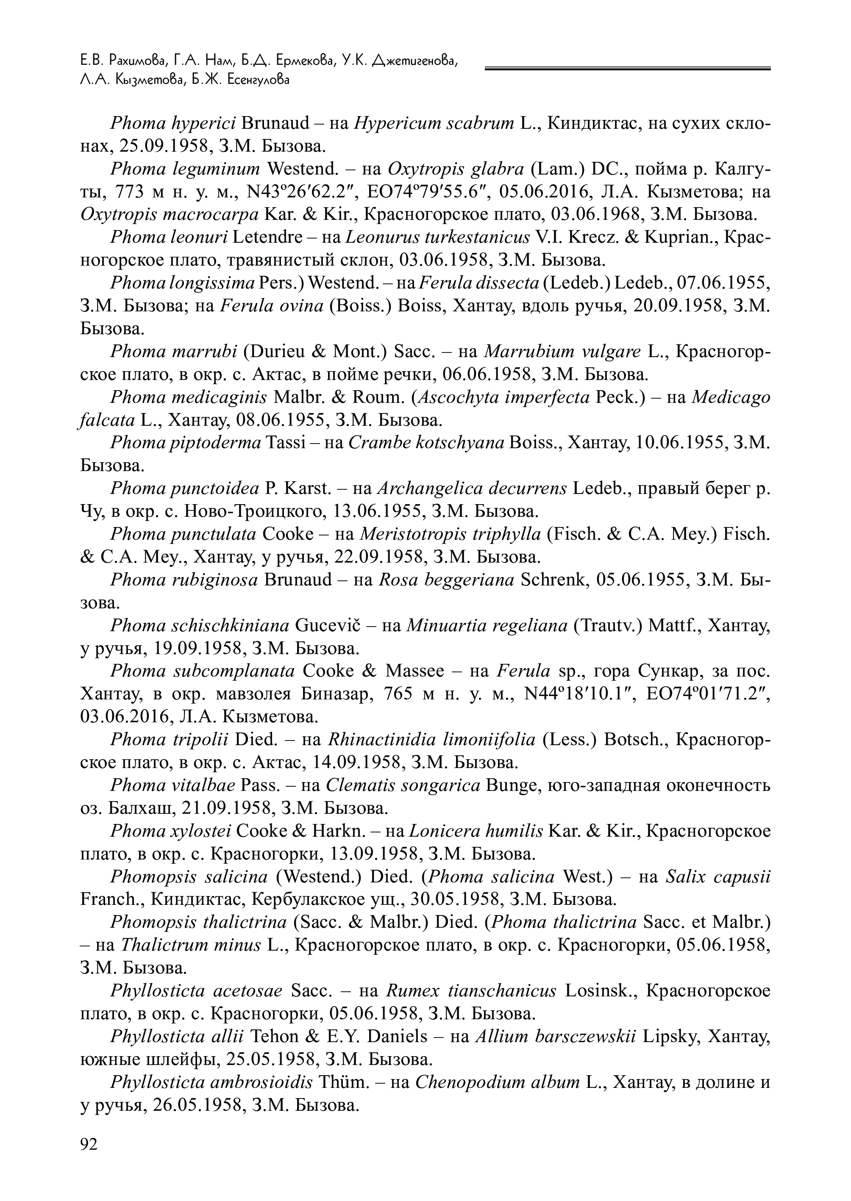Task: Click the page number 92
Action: click(89, 1144)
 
